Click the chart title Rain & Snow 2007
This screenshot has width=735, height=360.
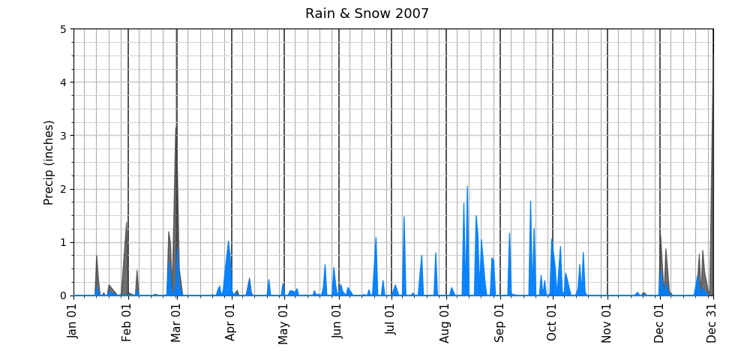point(367,13)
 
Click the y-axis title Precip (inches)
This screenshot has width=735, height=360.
point(49,162)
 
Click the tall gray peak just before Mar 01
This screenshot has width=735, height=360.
point(176,127)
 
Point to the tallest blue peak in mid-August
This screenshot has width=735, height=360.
point(467,187)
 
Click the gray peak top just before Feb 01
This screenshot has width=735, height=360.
point(127,222)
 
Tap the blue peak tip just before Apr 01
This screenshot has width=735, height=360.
point(229,241)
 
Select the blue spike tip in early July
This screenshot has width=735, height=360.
point(404,217)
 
